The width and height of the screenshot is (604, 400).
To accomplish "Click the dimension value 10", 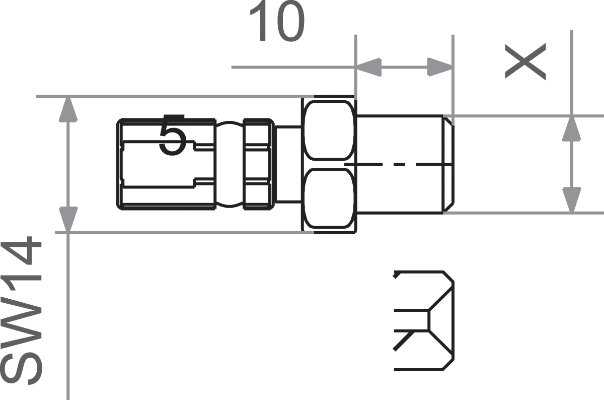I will (278, 23).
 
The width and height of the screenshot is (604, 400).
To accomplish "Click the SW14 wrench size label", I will (25, 312).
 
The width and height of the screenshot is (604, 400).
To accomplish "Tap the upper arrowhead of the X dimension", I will (571, 130).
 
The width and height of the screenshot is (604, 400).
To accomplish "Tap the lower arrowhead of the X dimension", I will (571, 196).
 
